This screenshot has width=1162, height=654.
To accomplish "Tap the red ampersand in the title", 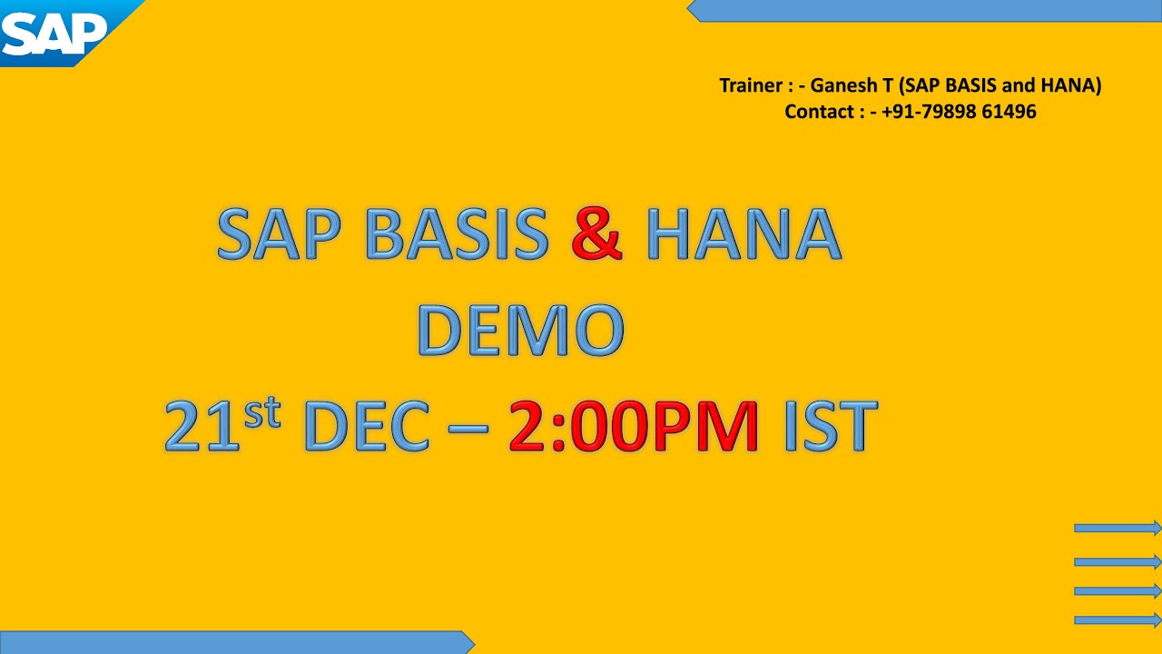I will point(596,234).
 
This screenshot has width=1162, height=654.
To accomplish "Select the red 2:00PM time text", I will point(633,425).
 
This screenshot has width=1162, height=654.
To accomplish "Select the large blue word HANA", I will point(743,234).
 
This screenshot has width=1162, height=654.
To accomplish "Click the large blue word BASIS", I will point(457,234).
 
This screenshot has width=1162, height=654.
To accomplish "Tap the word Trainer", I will point(751,85).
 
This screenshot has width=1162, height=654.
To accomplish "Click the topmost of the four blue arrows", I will point(1118,528).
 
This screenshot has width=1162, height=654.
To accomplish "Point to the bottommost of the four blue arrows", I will point(1118,620).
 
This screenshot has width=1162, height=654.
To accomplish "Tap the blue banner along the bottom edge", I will point(236,642).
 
